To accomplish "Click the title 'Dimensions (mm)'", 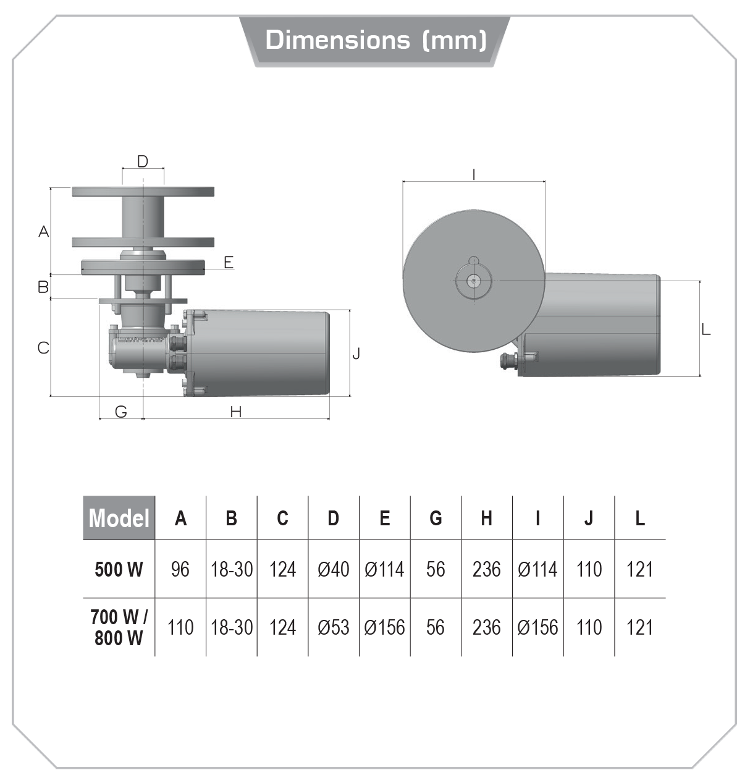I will tap(376, 40).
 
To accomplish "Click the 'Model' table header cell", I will tap(119, 518).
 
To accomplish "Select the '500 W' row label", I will tap(119, 569).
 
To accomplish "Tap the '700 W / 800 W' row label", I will tap(119, 627).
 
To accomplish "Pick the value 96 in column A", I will tap(180, 569).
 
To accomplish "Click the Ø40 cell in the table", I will tap(333, 569).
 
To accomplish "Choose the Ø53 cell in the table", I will tap(333, 627).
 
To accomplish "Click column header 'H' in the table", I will tap(486, 518).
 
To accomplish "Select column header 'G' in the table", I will tap(436, 518).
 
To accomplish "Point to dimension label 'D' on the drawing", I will tap(143, 162).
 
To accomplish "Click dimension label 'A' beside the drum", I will tap(43, 232).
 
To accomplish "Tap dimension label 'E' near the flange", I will tap(229, 262).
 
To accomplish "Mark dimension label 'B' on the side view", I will tap(43, 287).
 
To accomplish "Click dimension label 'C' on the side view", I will tap(43, 348).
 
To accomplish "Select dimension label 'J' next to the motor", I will tap(356, 353).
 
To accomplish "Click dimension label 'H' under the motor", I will tap(235, 412).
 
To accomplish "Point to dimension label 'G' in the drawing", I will tap(121, 412).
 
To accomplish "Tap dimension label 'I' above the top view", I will tap(474, 174).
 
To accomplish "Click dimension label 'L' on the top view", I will tap(706, 330).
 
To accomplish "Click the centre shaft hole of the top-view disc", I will tap(473, 281).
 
